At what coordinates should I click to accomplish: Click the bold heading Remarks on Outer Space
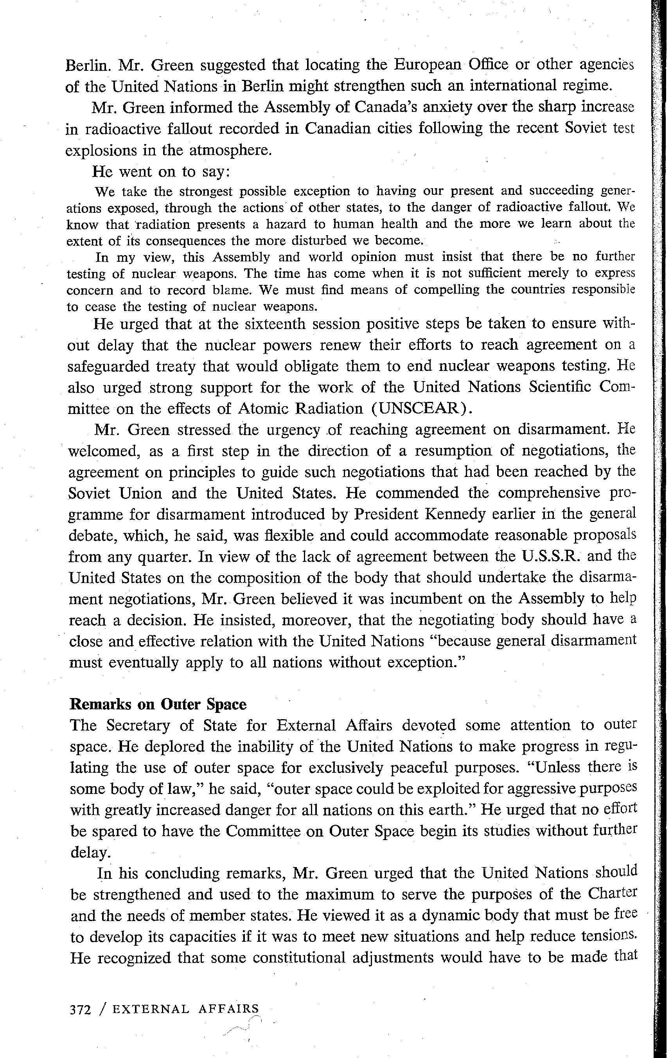coord(158,704)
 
